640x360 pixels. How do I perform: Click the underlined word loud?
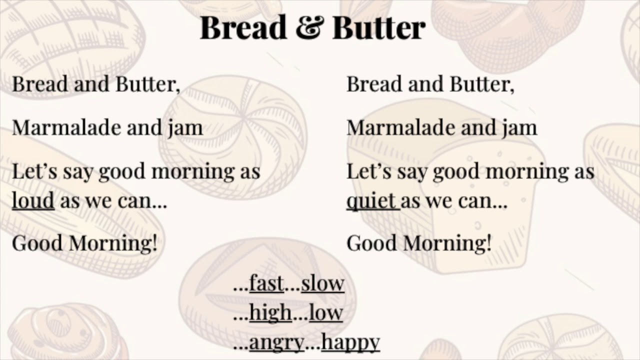click(x=33, y=201)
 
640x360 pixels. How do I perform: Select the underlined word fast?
click(x=266, y=283)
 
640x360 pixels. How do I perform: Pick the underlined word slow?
click(x=322, y=283)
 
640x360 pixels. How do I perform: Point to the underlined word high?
click(x=270, y=313)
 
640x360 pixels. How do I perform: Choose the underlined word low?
click(x=325, y=313)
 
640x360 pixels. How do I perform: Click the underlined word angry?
click(x=276, y=343)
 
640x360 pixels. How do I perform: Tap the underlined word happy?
click(x=350, y=343)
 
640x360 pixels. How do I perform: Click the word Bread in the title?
click(x=244, y=28)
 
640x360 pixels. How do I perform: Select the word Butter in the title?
click(x=378, y=28)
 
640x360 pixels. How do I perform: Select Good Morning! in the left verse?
click(x=84, y=243)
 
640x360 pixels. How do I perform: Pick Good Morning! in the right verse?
click(x=419, y=243)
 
